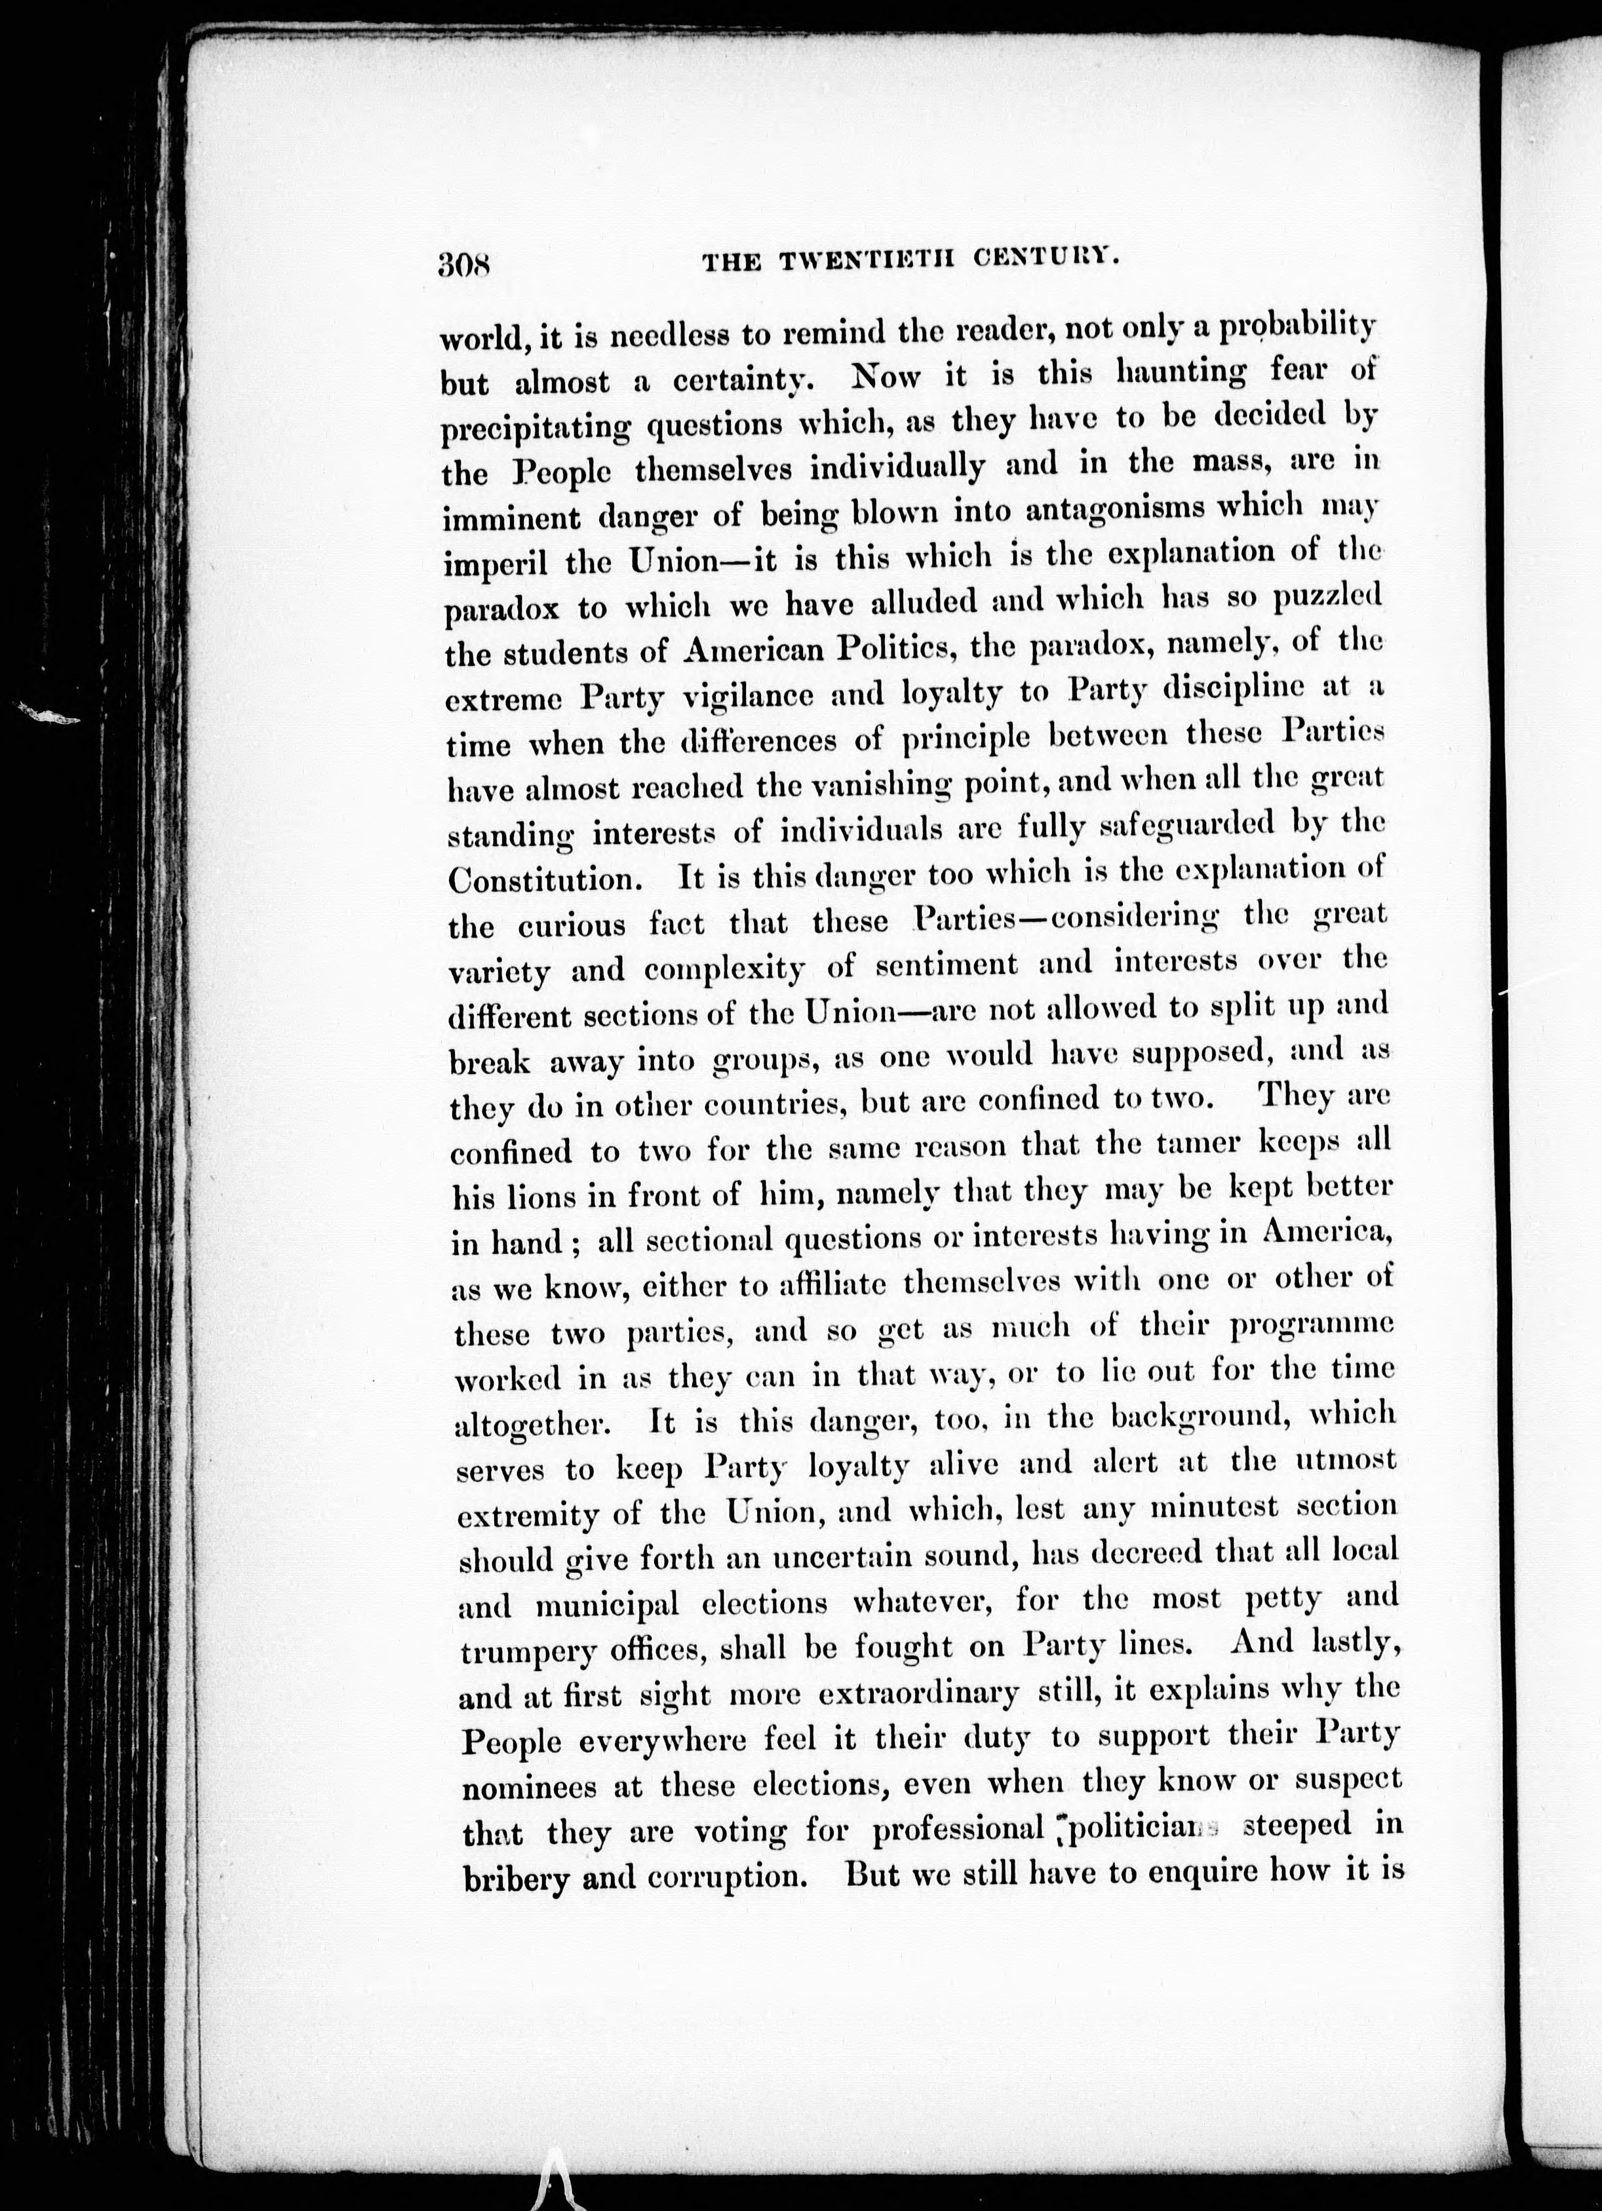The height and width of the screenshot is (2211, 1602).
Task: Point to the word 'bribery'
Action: click(x=517, y=1879)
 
